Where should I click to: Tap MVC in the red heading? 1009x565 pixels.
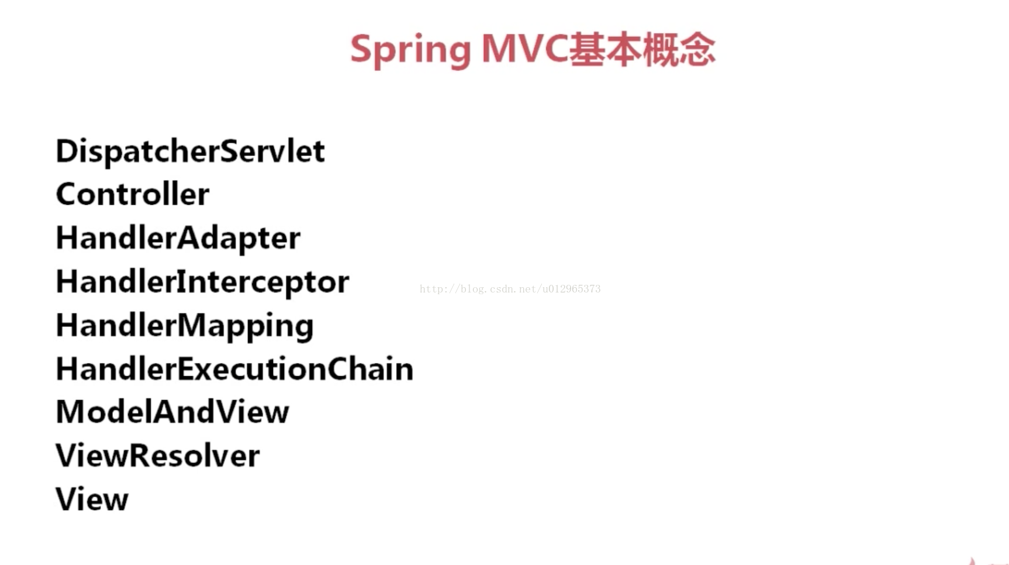(524, 49)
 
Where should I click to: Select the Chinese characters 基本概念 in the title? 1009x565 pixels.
(642, 49)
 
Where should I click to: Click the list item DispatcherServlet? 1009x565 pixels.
(190, 151)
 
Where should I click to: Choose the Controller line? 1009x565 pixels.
(133, 194)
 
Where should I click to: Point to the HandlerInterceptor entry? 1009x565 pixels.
(202, 282)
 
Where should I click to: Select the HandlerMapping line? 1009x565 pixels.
(185, 326)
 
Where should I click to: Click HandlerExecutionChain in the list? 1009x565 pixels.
(234, 369)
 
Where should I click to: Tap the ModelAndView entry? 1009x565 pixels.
(172, 412)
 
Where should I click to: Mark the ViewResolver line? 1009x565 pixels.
(158, 456)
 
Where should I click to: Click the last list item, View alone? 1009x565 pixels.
(92, 499)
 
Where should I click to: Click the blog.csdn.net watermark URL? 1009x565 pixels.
(510, 289)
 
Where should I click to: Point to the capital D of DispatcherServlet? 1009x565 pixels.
(67, 151)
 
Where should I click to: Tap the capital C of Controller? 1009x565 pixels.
(67, 195)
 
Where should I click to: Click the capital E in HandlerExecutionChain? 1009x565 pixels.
(185, 369)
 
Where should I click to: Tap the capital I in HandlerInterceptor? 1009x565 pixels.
(181, 282)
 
